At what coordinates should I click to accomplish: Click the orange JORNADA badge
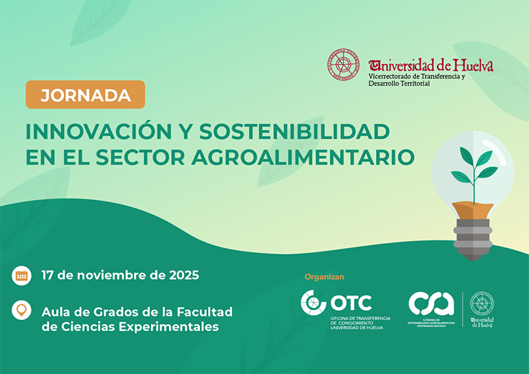[86, 95]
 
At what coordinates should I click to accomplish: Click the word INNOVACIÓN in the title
[96, 132]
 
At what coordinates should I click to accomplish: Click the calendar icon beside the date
[22, 275]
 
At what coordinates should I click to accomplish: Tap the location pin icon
[22, 311]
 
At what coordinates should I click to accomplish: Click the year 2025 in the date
[181, 275]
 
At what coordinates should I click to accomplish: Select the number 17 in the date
[49, 275]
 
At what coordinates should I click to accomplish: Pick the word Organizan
[324, 276]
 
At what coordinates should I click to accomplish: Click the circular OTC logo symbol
[313, 303]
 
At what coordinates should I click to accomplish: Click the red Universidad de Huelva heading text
[431, 65]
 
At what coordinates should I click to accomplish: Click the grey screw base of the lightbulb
[472, 238]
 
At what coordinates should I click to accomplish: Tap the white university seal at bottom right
[482, 303]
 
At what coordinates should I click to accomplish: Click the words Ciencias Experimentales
[130, 327]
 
